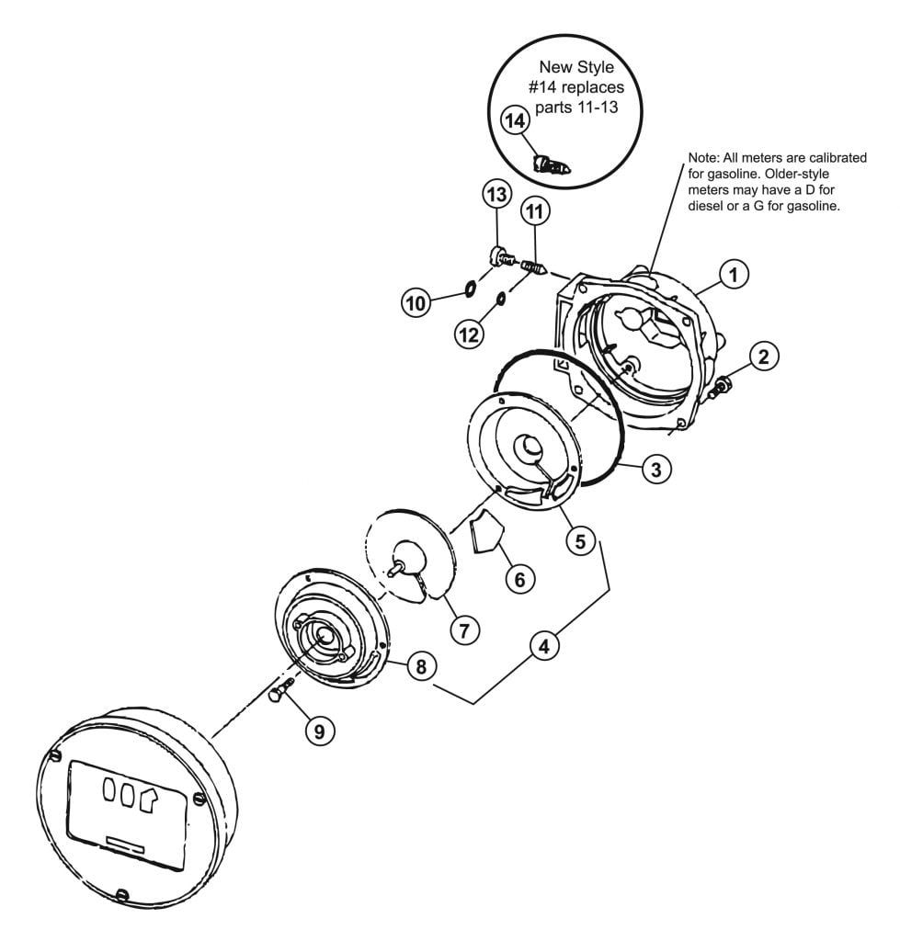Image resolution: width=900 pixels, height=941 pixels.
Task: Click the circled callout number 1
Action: click(733, 275)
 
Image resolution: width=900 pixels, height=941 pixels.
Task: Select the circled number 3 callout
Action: click(655, 469)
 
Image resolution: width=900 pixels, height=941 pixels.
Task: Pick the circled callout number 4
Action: click(544, 646)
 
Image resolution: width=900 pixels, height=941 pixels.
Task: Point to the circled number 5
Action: click(580, 540)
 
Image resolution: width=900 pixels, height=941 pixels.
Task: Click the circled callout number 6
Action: click(519, 579)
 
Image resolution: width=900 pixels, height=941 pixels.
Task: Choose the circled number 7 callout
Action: click(465, 630)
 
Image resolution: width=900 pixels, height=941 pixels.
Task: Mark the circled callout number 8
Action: click(421, 665)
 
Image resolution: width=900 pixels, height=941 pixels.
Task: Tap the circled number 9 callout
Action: click(319, 731)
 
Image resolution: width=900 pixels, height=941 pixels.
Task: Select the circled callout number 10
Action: click(416, 302)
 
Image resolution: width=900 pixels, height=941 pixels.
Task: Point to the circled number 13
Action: click(496, 195)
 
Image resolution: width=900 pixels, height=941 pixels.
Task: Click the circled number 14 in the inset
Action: click(515, 120)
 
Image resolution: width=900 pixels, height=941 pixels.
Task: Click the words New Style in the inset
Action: click(576, 66)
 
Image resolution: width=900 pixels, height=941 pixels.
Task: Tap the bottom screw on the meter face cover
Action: click(122, 896)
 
